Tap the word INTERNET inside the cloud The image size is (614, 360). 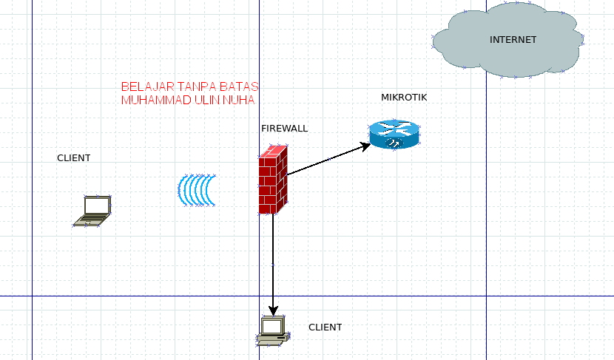[x=513, y=40]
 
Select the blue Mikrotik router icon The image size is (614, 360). [x=394, y=135]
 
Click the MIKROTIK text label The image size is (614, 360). [x=404, y=98]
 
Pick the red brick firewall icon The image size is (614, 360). [x=272, y=180]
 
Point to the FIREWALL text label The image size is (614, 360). [x=284, y=128]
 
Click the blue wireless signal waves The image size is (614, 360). [x=197, y=190]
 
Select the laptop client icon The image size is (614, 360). [x=93, y=211]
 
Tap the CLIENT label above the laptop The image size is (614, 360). [x=74, y=158]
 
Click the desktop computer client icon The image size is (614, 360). [x=272, y=331]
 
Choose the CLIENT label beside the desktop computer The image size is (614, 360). [x=325, y=327]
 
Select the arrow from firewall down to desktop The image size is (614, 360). [x=273, y=259]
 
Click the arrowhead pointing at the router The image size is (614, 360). [x=365, y=146]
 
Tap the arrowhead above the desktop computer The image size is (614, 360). [x=273, y=310]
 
